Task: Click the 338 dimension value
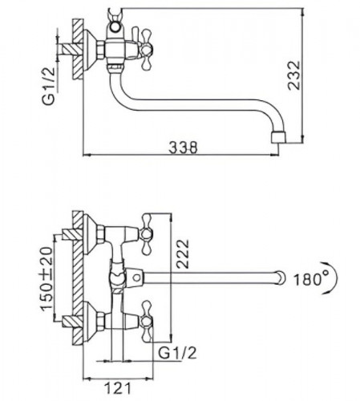point(184,148)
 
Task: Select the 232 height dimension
point(294,75)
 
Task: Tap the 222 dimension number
point(183,253)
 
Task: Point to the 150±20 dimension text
point(47,279)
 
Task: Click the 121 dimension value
point(119,388)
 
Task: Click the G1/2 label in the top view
point(48,86)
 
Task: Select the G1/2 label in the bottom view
point(177,353)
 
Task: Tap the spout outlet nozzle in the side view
point(278,136)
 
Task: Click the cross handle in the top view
point(146,50)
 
